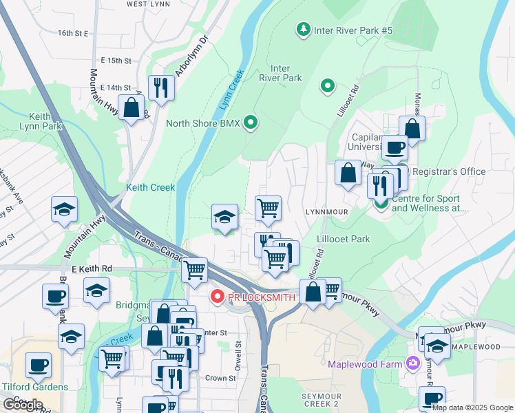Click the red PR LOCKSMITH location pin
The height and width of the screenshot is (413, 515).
[x=217, y=297]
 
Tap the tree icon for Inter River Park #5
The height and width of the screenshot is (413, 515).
[x=302, y=30]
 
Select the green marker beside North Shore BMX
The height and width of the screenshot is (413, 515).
[x=251, y=124]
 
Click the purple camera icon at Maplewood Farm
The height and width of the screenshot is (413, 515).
[x=412, y=363]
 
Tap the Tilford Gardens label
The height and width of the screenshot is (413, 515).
[x=34, y=387]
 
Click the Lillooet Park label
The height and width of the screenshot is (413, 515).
[x=344, y=240]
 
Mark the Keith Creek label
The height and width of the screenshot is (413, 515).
[x=150, y=187]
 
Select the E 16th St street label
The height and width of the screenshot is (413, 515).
[x=74, y=33]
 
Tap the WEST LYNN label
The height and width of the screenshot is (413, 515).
[x=147, y=4]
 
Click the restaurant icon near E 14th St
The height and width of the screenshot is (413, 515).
[x=161, y=87]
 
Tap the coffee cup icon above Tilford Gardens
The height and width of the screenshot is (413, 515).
[x=38, y=365]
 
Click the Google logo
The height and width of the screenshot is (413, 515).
[x=23, y=405]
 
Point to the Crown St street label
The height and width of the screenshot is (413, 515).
[x=220, y=378]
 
